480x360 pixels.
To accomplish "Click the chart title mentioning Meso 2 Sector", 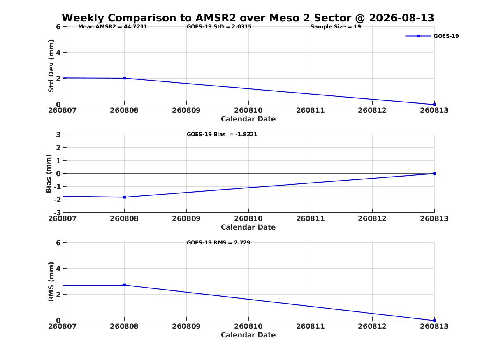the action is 248,18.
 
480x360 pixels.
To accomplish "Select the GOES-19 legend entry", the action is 432,36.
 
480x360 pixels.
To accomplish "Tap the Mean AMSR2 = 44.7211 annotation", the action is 113,27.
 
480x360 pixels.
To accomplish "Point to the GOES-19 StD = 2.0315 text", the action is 219,27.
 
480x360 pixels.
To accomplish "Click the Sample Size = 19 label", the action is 336,27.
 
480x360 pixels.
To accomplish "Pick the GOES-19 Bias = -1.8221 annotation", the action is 222,135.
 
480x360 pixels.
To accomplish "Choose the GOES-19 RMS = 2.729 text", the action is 218,242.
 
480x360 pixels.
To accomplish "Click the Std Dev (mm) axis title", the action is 51,66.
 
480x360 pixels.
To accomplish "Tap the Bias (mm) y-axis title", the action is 49,174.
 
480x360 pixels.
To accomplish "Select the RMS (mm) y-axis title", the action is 51,282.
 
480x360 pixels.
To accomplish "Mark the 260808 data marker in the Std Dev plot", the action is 125,78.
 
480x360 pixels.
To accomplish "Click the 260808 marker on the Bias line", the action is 125,197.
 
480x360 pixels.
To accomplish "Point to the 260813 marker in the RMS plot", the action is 434,321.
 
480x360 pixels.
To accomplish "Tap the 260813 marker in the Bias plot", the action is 434,174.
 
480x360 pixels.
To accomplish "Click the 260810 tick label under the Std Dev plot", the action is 248,110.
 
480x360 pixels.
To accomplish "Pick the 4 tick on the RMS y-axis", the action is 58,269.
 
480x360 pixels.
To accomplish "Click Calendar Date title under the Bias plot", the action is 248,227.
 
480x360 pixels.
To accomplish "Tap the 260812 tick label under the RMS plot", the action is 372,326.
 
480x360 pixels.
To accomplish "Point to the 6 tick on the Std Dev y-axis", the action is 58,27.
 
